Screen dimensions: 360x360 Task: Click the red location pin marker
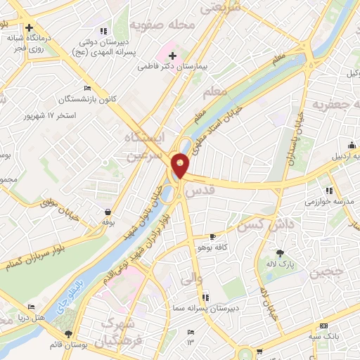coord(181,165)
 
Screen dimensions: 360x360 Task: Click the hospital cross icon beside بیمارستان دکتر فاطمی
coord(172,55)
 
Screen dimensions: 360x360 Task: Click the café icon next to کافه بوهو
coord(214,237)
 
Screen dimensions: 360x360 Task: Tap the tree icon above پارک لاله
coord(281,253)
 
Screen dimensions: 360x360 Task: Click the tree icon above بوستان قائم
coord(68,335)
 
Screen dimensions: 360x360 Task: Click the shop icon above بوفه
coord(107,211)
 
